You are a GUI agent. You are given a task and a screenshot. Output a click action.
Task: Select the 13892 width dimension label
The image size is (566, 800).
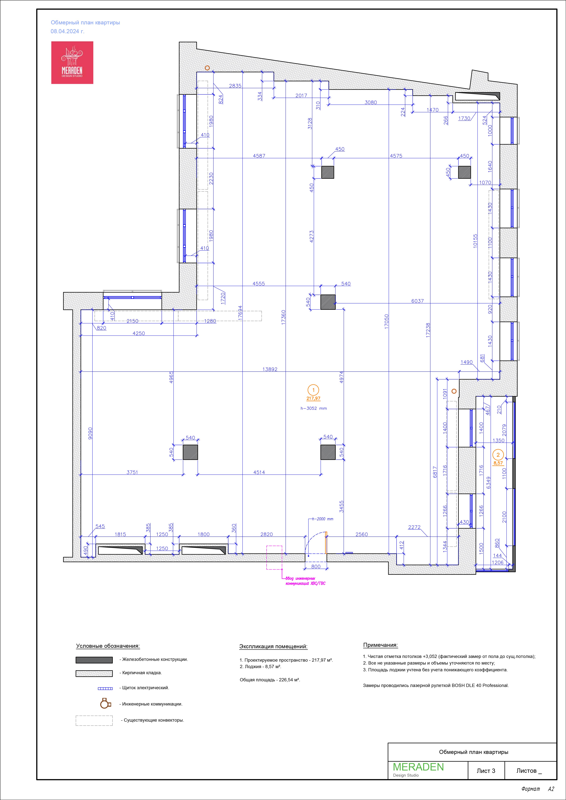pos(270,369)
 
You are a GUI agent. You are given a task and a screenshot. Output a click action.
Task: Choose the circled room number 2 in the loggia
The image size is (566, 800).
pos(498,455)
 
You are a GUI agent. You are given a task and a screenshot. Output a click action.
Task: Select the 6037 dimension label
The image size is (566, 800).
pos(417,301)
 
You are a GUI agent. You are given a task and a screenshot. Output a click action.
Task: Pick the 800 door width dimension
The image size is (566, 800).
pos(316,566)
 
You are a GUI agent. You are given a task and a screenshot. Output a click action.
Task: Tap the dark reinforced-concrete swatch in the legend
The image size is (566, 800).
pos(94,660)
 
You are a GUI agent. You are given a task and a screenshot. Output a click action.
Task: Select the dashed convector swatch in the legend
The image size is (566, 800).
pos(94,720)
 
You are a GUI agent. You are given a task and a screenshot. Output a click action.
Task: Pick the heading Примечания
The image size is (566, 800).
pos(380,645)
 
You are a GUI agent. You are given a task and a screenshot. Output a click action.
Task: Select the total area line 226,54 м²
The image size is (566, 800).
pos(270,680)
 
